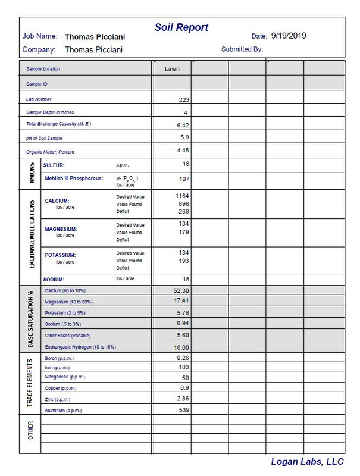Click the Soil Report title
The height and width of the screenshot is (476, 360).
181,27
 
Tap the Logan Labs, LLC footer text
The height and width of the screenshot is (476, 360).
308,462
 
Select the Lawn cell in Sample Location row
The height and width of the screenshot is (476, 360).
172,69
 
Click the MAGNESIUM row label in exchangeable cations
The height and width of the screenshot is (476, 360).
61,228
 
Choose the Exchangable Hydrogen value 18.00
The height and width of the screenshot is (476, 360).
181,347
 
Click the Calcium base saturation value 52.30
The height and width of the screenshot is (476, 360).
181,290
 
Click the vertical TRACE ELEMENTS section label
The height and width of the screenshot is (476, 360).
30,384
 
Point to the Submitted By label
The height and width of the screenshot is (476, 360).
242,49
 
